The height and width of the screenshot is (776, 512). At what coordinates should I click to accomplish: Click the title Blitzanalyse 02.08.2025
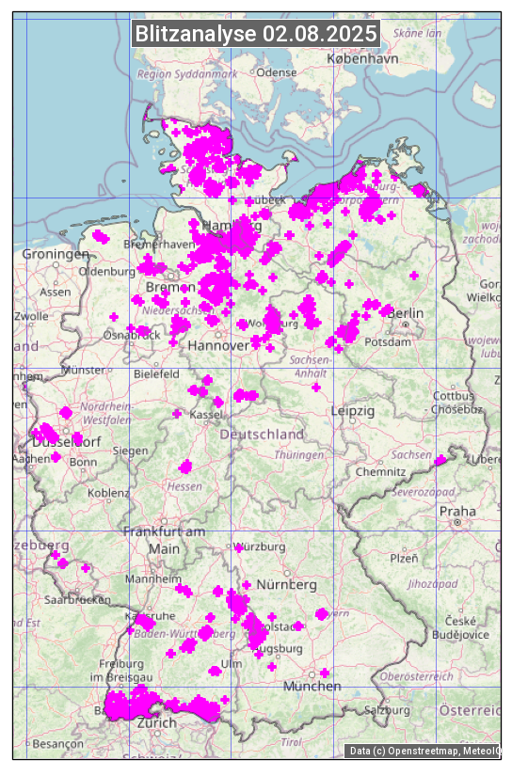[256, 34]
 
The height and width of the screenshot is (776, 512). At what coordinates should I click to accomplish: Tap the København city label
[362, 57]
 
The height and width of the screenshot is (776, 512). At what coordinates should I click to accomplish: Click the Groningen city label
[55, 255]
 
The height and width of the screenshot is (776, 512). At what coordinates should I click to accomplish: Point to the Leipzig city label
[353, 411]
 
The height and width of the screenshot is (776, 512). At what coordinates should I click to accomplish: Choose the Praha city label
[456, 511]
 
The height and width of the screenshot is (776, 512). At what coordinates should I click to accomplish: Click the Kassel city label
[205, 415]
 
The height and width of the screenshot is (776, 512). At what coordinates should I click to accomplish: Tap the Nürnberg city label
[286, 585]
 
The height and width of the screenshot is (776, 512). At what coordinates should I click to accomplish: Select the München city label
[312, 687]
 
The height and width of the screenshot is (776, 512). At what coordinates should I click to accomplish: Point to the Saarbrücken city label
[77, 599]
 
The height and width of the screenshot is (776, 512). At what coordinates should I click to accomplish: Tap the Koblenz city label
[108, 493]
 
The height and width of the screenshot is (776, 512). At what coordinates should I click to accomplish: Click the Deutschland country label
[262, 435]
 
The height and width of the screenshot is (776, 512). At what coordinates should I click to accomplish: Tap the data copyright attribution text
[424, 751]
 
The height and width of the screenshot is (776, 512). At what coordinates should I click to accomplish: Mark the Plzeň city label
[404, 558]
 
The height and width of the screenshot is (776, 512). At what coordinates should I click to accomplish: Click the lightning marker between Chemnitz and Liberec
[440, 460]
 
